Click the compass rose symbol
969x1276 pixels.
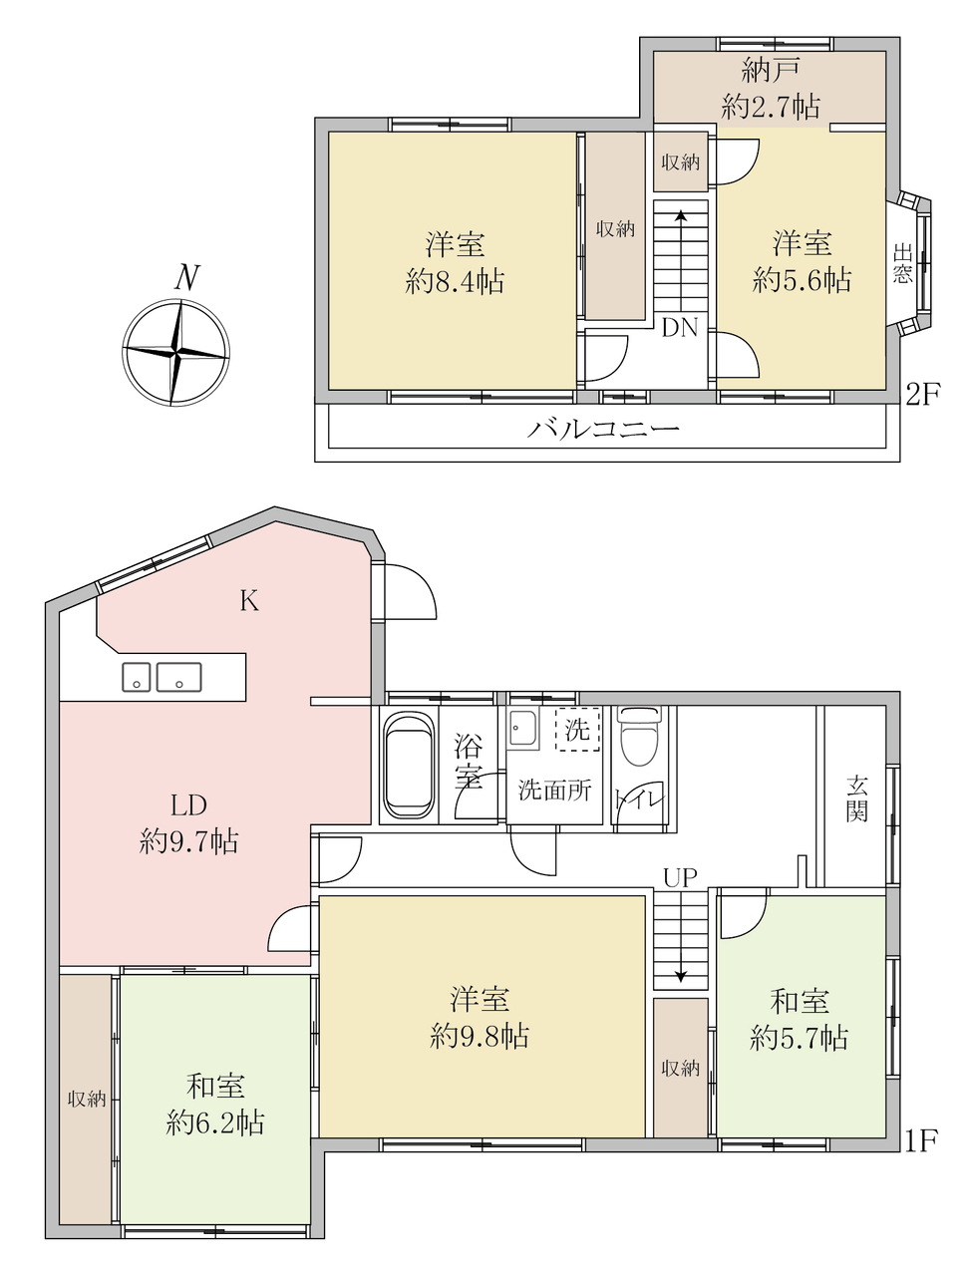click(x=175, y=352)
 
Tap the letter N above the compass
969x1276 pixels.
click(x=187, y=277)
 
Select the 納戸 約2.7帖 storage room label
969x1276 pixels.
click(x=771, y=89)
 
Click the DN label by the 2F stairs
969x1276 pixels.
click(x=680, y=328)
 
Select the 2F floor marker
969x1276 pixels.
click(x=923, y=396)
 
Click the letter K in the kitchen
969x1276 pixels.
click(x=249, y=600)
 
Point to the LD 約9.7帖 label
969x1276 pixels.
click(x=189, y=823)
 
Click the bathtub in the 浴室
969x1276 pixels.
click(x=409, y=765)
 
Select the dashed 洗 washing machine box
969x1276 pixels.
click(x=577, y=729)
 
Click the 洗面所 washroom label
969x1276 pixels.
click(x=554, y=790)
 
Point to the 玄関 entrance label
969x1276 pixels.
click(x=856, y=798)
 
